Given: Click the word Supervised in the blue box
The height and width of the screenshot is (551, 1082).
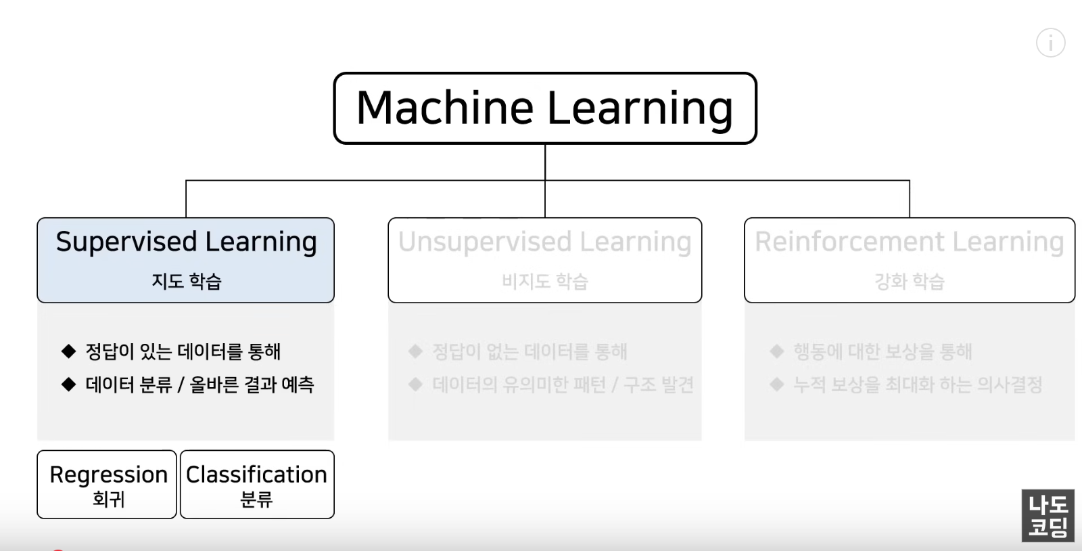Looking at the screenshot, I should pos(126,242).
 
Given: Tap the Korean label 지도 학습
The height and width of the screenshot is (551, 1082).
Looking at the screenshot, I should pos(186,281).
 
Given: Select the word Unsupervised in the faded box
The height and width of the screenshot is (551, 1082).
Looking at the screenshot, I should pos(485,242).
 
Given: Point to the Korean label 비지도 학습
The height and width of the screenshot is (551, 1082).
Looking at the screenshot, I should pos(545,281).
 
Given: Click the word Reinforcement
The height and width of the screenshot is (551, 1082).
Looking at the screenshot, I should pos(849,242).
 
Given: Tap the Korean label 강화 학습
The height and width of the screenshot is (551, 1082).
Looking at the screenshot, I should pos(910,281).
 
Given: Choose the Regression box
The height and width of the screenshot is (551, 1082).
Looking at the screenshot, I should pos(107,484).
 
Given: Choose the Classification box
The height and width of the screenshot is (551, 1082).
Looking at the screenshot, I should pos(257,484).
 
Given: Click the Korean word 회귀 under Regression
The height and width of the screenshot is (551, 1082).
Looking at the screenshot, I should pos(108,500).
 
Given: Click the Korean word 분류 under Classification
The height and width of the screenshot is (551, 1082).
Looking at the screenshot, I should pos(256,500).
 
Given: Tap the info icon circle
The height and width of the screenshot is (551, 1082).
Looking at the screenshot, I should pos(1050,43).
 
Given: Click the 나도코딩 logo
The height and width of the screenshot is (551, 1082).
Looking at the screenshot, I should pos(1048,516).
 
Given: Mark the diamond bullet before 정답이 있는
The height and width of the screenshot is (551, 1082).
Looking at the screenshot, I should pos(68,351).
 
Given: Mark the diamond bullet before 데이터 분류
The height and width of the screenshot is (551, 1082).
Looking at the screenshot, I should pos(68,384).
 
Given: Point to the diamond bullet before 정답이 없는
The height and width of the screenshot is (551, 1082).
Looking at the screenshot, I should pos(415,351).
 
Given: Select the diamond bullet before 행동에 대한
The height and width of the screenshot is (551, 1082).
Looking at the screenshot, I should pos(776,351).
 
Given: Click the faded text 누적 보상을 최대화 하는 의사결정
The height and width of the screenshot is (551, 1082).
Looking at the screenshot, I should pos(918,384).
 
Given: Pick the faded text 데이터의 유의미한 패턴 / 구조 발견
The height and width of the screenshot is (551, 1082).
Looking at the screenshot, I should pos(563,384).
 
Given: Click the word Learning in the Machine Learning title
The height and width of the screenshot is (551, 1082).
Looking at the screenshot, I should pos(640,108).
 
